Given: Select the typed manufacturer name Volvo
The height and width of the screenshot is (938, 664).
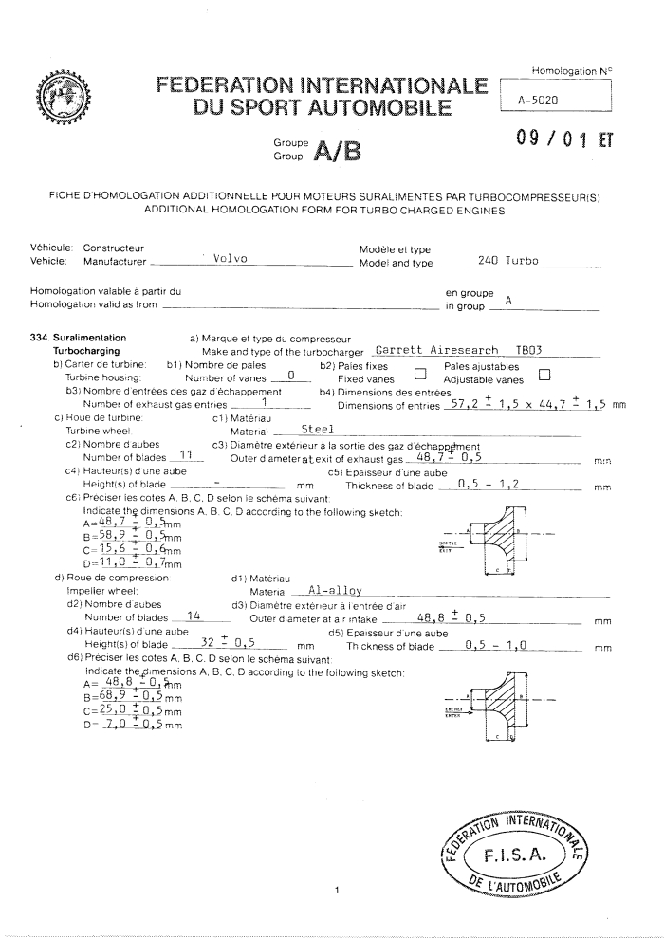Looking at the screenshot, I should (231, 259).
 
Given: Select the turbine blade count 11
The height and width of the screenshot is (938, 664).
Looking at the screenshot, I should (187, 454).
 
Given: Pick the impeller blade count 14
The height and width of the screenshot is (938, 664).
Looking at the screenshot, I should (193, 616).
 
